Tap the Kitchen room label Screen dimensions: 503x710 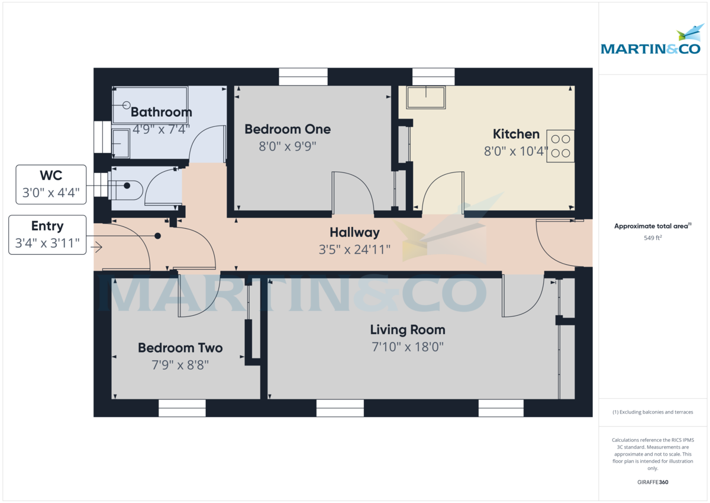(516, 134)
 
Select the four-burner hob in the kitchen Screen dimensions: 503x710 (560, 146)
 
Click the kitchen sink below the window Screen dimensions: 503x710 (426, 97)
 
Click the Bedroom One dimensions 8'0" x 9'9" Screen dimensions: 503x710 (288, 146)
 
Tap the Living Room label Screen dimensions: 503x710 (407, 329)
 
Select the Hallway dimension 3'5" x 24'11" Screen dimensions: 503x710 (354, 249)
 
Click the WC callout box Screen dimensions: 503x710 (51, 184)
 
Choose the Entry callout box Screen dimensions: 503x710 (47, 235)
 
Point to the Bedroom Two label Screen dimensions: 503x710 (180, 348)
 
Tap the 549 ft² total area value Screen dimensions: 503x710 (652, 238)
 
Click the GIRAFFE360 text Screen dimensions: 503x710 (652, 482)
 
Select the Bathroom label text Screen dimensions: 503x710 (161, 112)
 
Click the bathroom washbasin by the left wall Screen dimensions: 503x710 (121, 143)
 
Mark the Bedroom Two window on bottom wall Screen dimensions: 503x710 (182, 408)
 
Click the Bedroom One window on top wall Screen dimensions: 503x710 (303, 76)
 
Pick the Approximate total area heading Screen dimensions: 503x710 (652, 226)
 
